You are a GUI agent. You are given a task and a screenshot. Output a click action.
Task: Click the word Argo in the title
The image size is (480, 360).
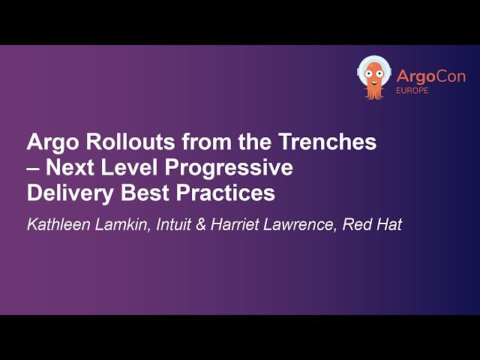click(x=50, y=142)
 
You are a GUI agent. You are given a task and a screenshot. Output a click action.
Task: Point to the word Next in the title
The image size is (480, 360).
click(x=67, y=167)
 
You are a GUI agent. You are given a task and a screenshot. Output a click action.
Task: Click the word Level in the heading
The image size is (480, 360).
click(x=127, y=167)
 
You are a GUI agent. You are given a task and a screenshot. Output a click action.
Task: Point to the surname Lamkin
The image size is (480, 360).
click(x=124, y=225)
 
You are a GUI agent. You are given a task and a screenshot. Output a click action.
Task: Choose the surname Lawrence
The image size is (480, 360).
click(x=302, y=225)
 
